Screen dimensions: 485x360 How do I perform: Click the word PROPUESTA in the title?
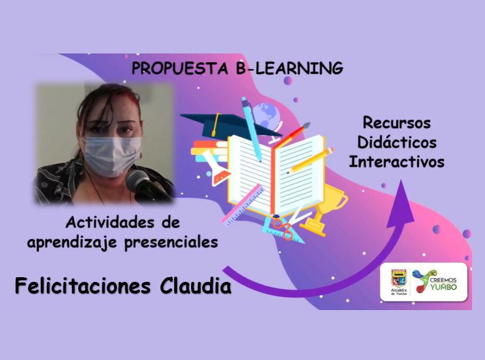(x=180, y=68)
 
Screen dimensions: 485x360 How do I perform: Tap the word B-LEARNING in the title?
(x=289, y=68)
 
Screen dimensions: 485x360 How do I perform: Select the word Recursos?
(x=397, y=123)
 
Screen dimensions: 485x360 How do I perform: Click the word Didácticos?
(x=397, y=142)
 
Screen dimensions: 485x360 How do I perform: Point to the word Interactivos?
(x=397, y=162)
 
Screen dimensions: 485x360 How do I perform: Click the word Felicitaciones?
(x=82, y=286)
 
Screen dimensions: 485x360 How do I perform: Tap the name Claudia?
(x=196, y=286)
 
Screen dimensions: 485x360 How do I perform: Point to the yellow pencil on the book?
(x=310, y=160)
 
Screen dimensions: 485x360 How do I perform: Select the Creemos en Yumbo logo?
(x=434, y=281)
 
